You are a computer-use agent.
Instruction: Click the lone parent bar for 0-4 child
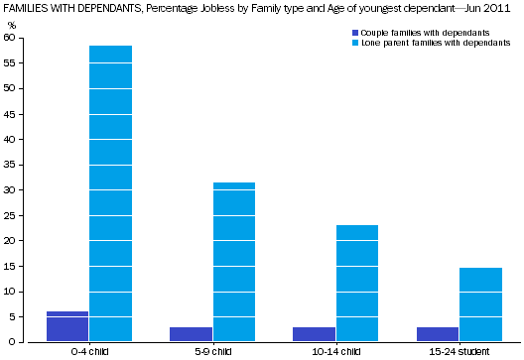[110, 193]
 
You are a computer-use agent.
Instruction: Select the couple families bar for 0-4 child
[67, 326]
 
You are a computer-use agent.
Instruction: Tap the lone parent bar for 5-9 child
[234, 262]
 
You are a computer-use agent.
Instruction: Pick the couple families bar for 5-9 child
[192, 334]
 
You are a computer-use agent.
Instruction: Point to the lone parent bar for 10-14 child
[357, 283]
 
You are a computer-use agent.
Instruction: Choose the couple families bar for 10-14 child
[315, 334]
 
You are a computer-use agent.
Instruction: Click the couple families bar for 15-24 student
[439, 334]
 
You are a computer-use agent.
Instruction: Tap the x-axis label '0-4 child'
[89, 352]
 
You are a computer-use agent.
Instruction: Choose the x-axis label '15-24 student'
[459, 352]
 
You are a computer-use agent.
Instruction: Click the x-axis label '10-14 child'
[336, 352]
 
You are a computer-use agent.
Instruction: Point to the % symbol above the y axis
[12, 24]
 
